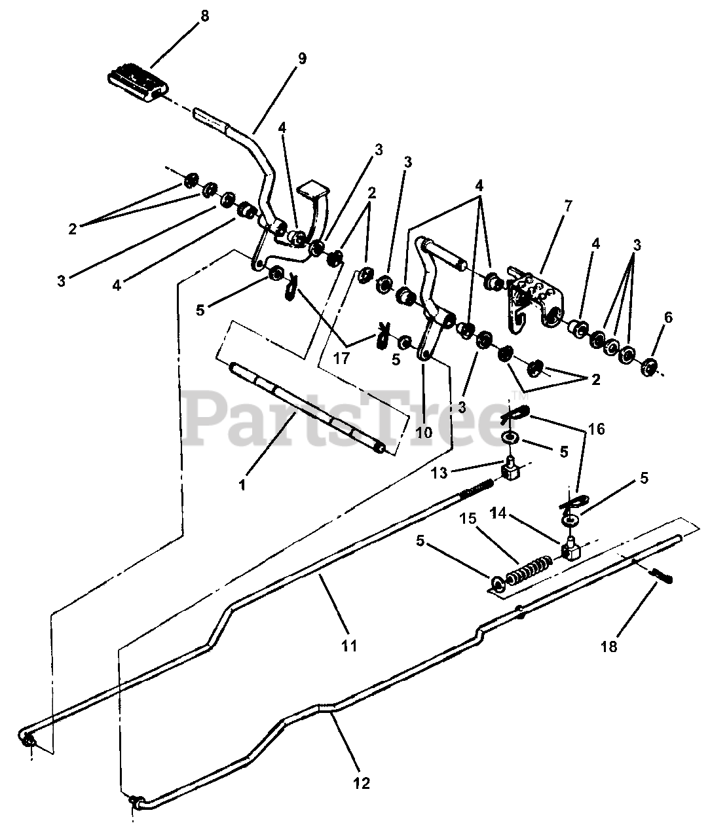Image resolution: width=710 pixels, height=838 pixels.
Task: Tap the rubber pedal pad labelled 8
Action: tap(138, 84)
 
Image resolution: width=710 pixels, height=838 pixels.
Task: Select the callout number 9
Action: tap(302, 59)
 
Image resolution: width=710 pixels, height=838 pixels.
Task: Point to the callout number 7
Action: tap(567, 206)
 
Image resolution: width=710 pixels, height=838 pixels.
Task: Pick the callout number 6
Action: tap(668, 318)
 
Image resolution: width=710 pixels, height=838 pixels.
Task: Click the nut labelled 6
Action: tap(652, 368)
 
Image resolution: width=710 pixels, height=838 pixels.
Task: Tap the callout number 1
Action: tap(242, 485)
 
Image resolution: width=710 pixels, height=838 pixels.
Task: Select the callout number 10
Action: tap(424, 433)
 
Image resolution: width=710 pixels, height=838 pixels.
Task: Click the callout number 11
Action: tap(349, 646)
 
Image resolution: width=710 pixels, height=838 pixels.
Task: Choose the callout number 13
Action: tap(439, 473)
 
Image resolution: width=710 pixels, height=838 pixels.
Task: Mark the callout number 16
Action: tap(596, 429)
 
